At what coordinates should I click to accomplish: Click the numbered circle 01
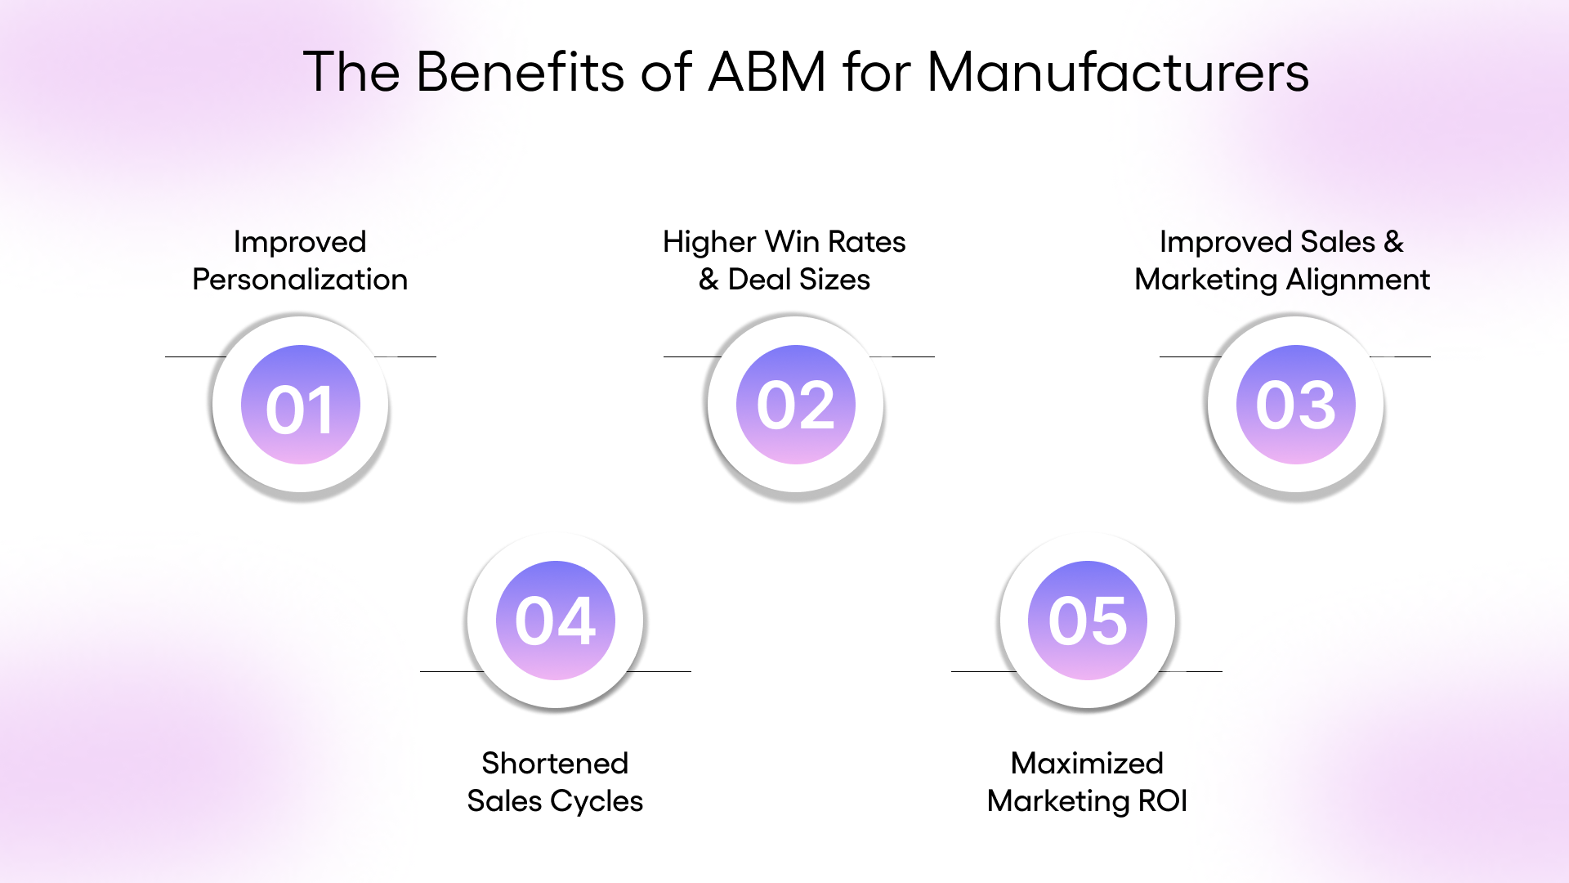[301, 406]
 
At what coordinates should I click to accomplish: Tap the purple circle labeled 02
[796, 406]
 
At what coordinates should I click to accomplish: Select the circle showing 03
[1295, 406]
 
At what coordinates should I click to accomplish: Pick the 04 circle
[556, 621]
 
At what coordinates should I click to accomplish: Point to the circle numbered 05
[1088, 621]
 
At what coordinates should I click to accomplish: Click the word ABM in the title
[767, 72]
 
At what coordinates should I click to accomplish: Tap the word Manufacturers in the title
[1118, 72]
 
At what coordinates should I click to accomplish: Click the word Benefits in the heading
[521, 72]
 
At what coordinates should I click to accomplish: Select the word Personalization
[300, 280]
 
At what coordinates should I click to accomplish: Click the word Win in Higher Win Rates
[792, 242]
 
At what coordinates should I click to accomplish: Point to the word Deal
[759, 280]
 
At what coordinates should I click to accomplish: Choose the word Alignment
[1357, 280]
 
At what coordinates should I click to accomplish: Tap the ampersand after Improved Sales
[1393, 242]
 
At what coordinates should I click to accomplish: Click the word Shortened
[555, 764]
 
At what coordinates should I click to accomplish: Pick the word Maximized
[1087, 764]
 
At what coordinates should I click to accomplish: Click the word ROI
[1162, 801]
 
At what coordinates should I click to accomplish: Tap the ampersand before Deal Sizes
[709, 280]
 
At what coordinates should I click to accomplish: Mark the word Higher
[709, 242]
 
